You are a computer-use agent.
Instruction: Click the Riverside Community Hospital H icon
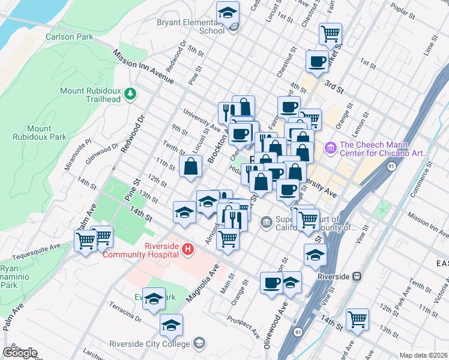188,248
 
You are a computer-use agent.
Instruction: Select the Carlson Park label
70,37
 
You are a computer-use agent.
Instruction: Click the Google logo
20,352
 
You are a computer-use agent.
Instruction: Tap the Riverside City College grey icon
199,344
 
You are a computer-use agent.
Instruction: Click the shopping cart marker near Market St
330,34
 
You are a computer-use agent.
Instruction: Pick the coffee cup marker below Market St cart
317,61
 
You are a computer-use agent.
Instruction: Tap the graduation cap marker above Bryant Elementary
228,12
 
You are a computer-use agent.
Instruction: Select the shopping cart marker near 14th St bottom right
358,319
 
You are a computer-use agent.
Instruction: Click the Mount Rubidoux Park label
47,133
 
